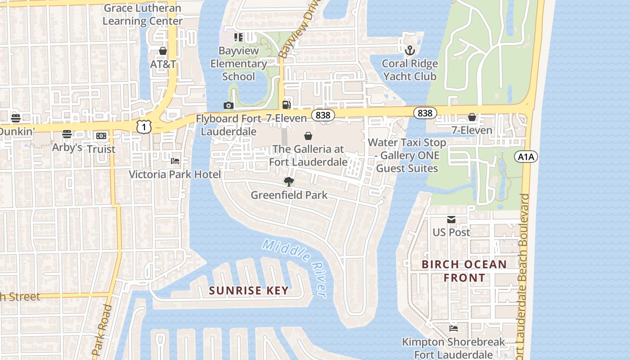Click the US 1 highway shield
point(144,127)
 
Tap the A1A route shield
point(526,157)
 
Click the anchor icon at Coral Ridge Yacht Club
point(409,50)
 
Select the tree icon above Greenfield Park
point(289,181)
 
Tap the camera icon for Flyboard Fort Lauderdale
point(229,105)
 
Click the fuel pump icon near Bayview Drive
point(286,105)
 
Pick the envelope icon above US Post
point(451,220)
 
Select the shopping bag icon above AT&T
point(163,51)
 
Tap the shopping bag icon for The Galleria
point(308,135)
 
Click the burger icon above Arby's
point(67,134)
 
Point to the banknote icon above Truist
point(101,135)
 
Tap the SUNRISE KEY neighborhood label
point(249,291)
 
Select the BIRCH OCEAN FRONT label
point(464,271)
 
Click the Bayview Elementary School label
point(238,63)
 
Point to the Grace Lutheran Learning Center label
point(143,14)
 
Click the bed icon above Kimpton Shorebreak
point(453,328)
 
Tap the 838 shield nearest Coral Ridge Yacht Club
point(425,113)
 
